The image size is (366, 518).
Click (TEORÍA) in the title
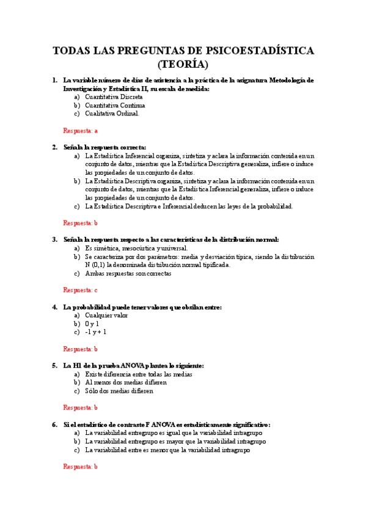[x=183, y=64]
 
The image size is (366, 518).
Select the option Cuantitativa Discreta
[x=114, y=97]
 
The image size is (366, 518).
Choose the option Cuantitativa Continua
[x=115, y=105]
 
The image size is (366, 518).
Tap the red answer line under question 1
[x=81, y=130]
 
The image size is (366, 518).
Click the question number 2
[x=55, y=147]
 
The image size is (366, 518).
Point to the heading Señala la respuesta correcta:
[x=105, y=147]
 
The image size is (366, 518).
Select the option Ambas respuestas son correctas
[x=128, y=274]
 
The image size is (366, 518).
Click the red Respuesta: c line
[x=81, y=290]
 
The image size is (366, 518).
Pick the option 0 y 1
[x=92, y=324]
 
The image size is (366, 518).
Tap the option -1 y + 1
[x=96, y=332]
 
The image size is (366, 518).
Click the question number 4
[x=55, y=307]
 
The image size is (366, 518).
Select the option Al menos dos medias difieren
[x=126, y=382]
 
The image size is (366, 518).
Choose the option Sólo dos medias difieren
[x=119, y=391]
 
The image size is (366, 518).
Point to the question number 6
[x=55, y=424]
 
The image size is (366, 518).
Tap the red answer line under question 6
[x=81, y=466]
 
